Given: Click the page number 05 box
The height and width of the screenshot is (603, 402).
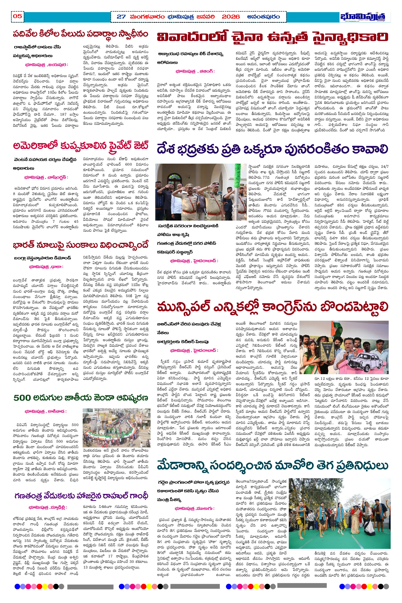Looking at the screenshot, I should pyautogui.click(x=17, y=16).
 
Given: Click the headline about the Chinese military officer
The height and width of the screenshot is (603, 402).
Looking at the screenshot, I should pyautogui.click(x=272, y=37).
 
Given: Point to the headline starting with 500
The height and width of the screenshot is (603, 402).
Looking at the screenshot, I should pyautogui.click(x=80, y=398).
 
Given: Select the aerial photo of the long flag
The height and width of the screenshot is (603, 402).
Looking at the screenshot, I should pyautogui.click(x=116, y=428).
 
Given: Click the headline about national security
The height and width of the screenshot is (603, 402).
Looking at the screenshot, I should pyautogui.click(x=272, y=149).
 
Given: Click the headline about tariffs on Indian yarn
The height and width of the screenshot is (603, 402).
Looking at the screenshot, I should pyautogui.click(x=80, y=245).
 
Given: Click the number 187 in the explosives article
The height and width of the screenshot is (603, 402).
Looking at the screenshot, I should pyautogui.click(x=63, y=114).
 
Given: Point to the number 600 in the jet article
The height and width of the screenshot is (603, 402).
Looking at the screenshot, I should pyautogui.click(x=128, y=164).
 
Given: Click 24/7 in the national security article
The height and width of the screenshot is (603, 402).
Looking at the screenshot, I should pyautogui.click(x=384, y=166).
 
